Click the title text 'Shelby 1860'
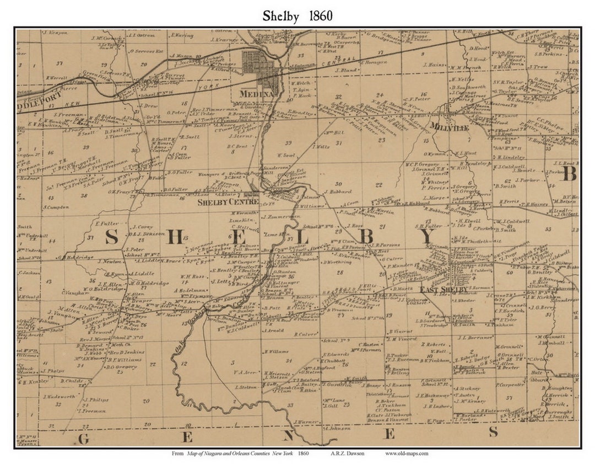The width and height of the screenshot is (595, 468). (x=298, y=15)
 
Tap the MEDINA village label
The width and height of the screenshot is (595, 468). (x=257, y=94)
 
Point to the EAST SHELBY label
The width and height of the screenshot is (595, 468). (x=444, y=290)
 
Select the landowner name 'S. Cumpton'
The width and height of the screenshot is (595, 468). (x=56, y=208)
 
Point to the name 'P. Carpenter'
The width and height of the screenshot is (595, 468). (x=510, y=385)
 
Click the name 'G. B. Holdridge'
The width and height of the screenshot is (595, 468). (x=75, y=257)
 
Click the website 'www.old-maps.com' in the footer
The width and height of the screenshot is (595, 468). (x=407, y=454)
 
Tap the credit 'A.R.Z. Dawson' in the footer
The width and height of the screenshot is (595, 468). (x=343, y=454)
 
